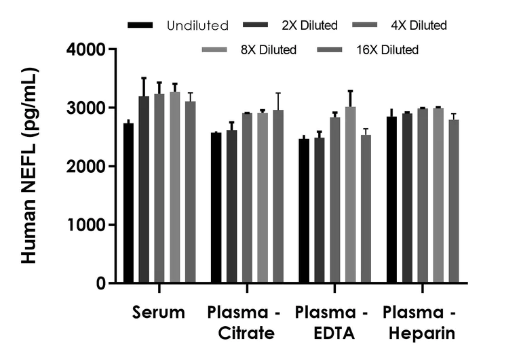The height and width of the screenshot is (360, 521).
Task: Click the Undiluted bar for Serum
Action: [x=128, y=203]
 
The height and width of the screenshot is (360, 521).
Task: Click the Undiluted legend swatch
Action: [x=140, y=26]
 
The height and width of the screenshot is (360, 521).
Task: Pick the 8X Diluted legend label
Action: [x=271, y=49]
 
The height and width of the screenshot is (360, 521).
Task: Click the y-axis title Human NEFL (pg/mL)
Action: [x=29, y=166]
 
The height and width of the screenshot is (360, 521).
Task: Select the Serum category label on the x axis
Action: [x=159, y=313]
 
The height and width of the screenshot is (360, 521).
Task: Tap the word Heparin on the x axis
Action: [x=420, y=334]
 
